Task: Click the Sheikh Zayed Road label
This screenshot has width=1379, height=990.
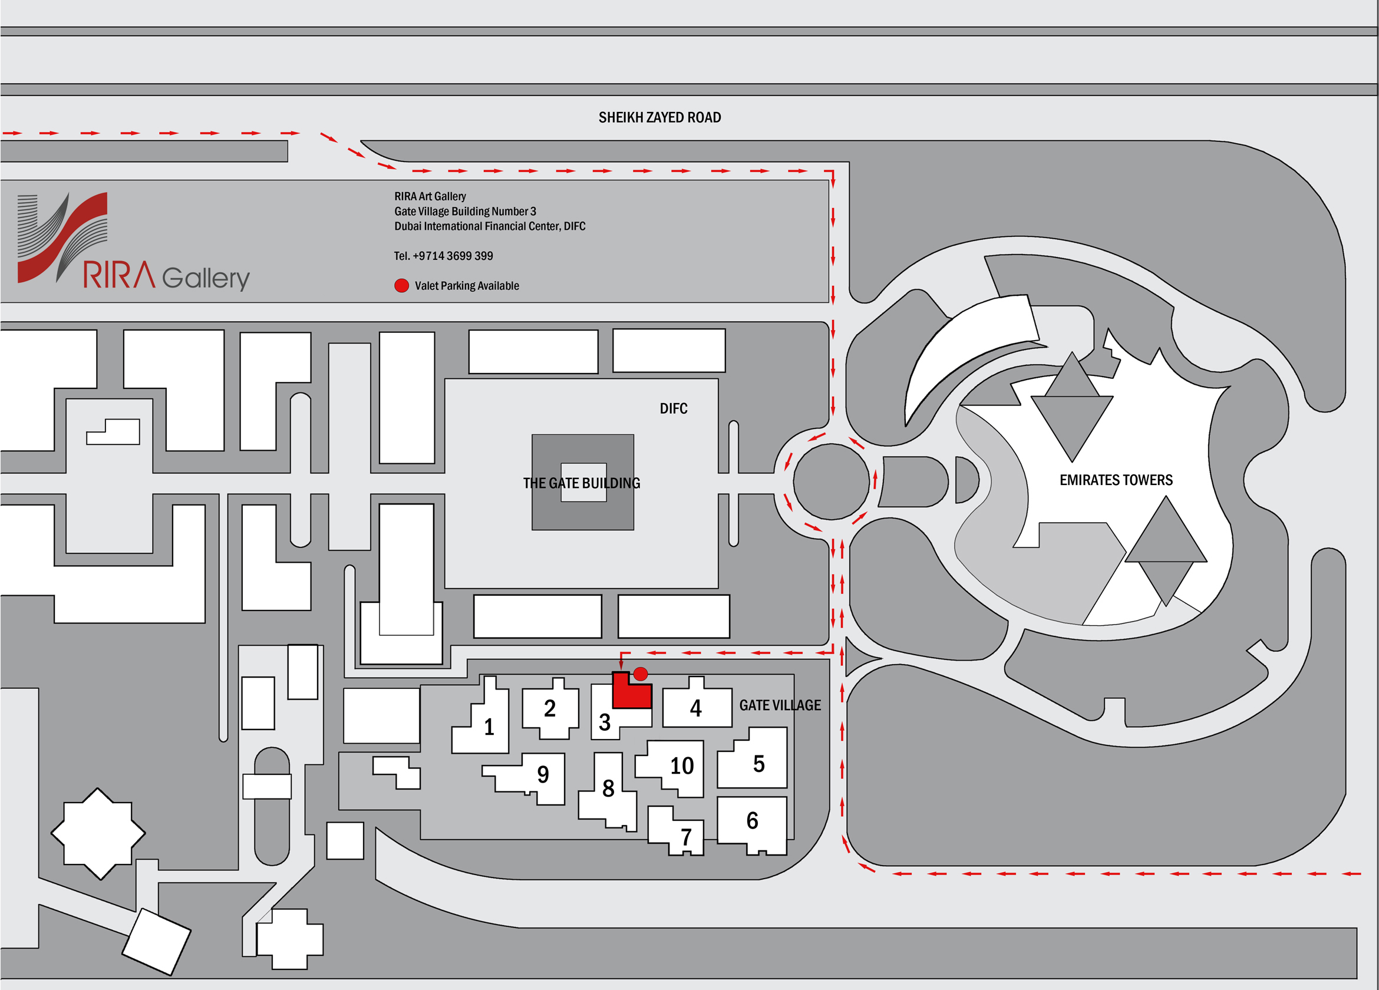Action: pos(659,117)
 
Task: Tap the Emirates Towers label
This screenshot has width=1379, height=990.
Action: pos(1116,480)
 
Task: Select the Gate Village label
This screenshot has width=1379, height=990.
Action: pos(780,705)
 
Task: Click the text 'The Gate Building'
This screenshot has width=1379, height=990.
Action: pos(581,483)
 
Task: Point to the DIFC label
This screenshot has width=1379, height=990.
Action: pos(674,408)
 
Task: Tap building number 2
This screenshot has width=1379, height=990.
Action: pos(550,708)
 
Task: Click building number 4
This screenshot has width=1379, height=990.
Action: pos(696,708)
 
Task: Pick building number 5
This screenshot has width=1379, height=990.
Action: pos(759,764)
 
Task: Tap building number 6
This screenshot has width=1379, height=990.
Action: pos(752,820)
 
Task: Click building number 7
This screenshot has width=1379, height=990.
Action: pos(686,837)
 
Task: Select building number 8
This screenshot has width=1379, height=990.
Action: pos(608,788)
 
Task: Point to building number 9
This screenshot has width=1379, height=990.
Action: pos(543,774)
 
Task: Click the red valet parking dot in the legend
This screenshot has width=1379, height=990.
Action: pos(401,286)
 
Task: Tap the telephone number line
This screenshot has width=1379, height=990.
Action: pos(443,256)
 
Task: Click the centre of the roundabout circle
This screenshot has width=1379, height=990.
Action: pos(831,481)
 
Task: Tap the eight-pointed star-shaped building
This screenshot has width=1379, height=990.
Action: pos(98,834)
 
